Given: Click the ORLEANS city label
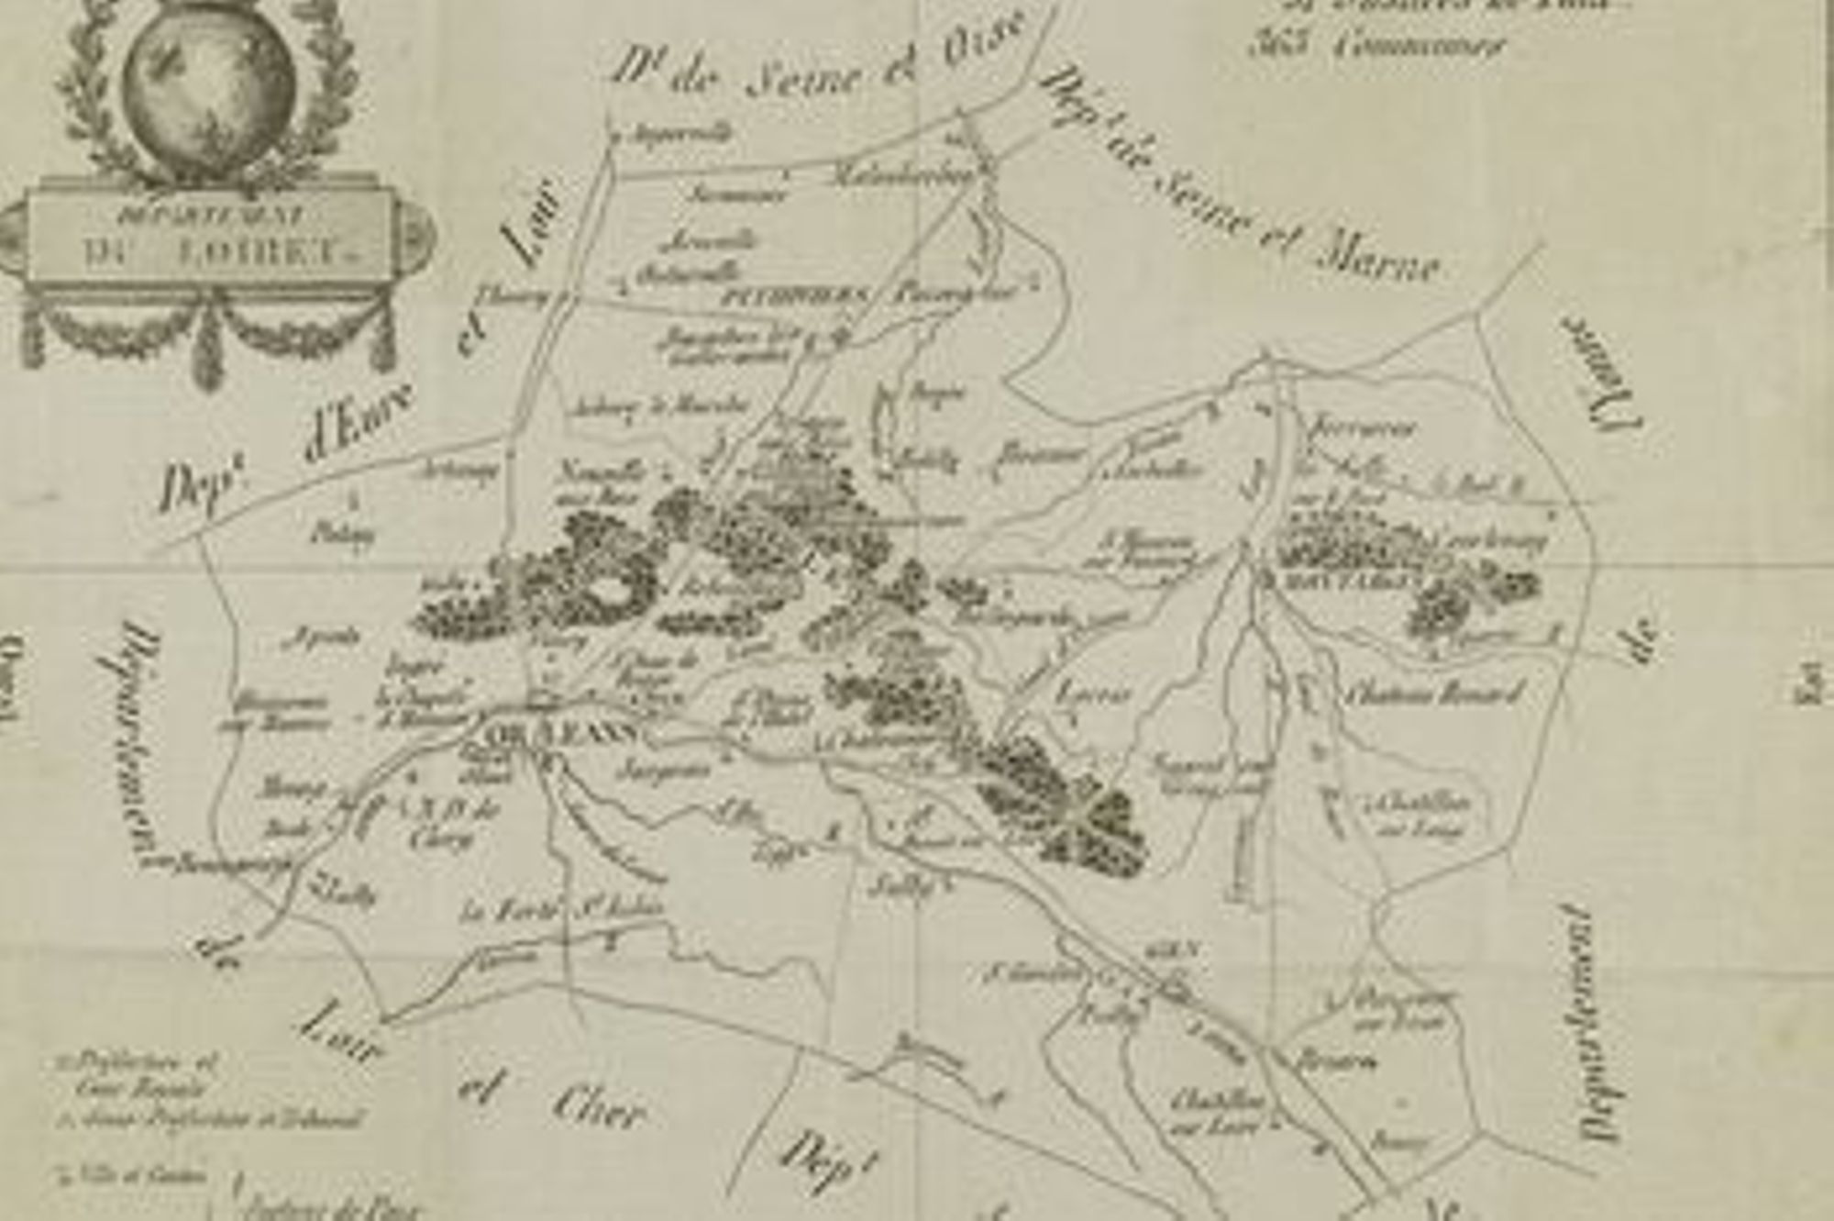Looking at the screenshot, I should (560, 735).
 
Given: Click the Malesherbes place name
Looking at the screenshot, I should (903, 176).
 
